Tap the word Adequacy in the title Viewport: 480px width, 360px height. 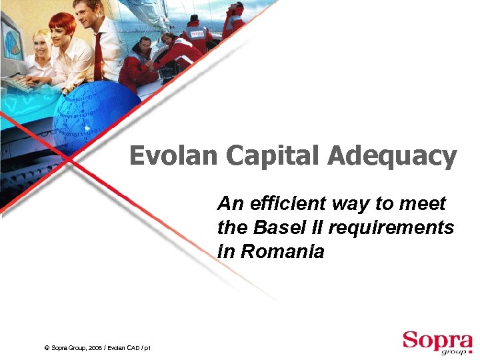[391, 157]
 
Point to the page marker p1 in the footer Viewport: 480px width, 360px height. [147, 348]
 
